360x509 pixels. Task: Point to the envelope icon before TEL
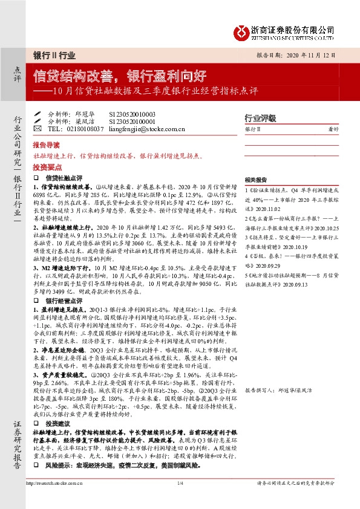click(x=38, y=129)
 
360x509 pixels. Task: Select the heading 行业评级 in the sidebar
click(x=260, y=118)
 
